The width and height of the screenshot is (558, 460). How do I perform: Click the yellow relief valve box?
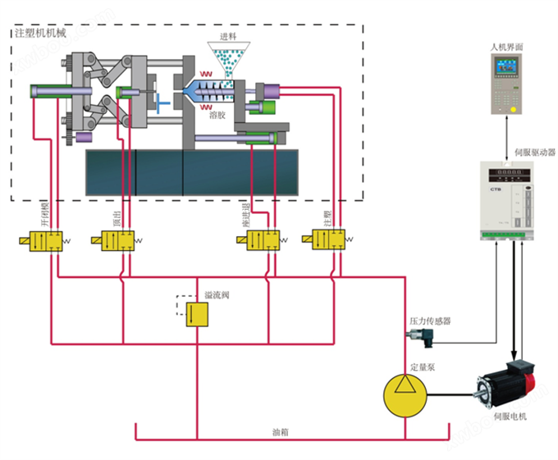pyautogui.click(x=197, y=314)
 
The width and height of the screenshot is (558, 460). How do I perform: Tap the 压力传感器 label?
pyautogui.click(x=430, y=321)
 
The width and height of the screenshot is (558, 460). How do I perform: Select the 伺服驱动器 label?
pyautogui.click(x=534, y=152)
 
